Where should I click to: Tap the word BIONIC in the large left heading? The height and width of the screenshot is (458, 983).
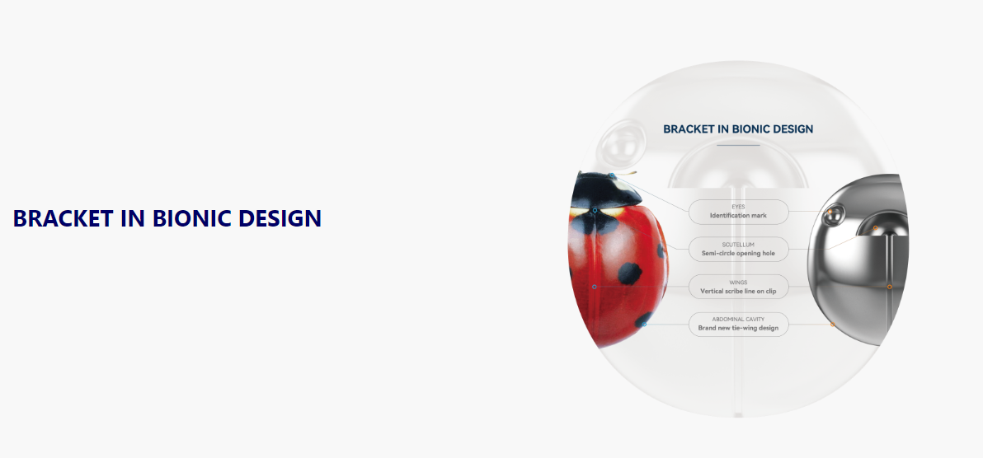192,218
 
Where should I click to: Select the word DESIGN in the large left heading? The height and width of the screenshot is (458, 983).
280,218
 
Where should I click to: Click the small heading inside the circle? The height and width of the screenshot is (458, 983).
738,129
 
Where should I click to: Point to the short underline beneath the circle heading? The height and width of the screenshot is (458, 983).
738,145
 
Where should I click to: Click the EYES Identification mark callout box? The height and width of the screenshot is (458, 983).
739,212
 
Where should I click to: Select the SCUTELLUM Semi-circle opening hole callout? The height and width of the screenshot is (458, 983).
739,250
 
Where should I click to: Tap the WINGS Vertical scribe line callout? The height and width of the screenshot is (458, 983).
739,287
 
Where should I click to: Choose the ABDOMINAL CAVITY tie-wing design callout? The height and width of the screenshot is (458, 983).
739,324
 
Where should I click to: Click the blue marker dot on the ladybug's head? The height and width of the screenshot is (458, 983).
612,176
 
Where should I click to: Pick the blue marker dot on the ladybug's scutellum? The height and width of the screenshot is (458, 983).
595,211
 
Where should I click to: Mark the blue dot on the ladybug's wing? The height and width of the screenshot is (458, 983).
595,287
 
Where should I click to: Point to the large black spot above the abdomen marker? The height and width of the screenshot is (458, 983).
629,273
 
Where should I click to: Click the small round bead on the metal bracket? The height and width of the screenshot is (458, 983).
834,215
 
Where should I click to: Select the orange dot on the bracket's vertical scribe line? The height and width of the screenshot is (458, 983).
889,287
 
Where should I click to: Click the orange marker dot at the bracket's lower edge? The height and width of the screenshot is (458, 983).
832,325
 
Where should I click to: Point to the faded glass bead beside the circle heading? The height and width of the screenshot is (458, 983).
621,143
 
